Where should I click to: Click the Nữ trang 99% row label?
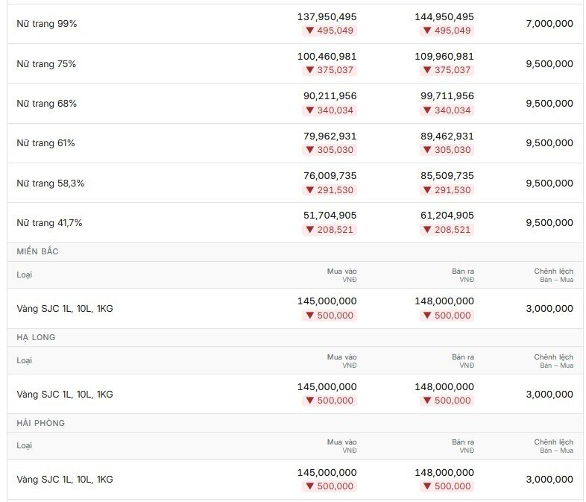[x=47, y=24]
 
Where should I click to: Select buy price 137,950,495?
[x=327, y=17]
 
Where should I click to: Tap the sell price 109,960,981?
[x=444, y=57]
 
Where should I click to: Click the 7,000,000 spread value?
[x=549, y=24]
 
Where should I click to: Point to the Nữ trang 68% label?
[x=47, y=104]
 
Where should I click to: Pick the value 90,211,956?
[x=330, y=96]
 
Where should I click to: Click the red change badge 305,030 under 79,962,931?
[x=330, y=150]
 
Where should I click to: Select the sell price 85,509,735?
[x=447, y=176]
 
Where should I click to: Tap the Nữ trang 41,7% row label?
[x=49, y=223]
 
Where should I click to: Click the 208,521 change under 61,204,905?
[x=447, y=230]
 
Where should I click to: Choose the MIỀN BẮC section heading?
[x=37, y=251]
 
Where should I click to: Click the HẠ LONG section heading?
[x=36, y=338]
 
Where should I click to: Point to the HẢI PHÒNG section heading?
[x=41, y=423]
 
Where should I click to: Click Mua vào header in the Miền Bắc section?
[x=342, y=272]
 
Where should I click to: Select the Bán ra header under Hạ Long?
[x=463, y=357]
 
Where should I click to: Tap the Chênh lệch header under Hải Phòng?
[x=553, y=442]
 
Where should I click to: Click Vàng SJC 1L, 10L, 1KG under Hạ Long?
[x=65, y=395]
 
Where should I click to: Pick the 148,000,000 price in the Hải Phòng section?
[x=444, y=472]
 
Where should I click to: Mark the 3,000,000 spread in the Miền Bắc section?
[x=549, y=308]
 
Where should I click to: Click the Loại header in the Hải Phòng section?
[x=25, y=446]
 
